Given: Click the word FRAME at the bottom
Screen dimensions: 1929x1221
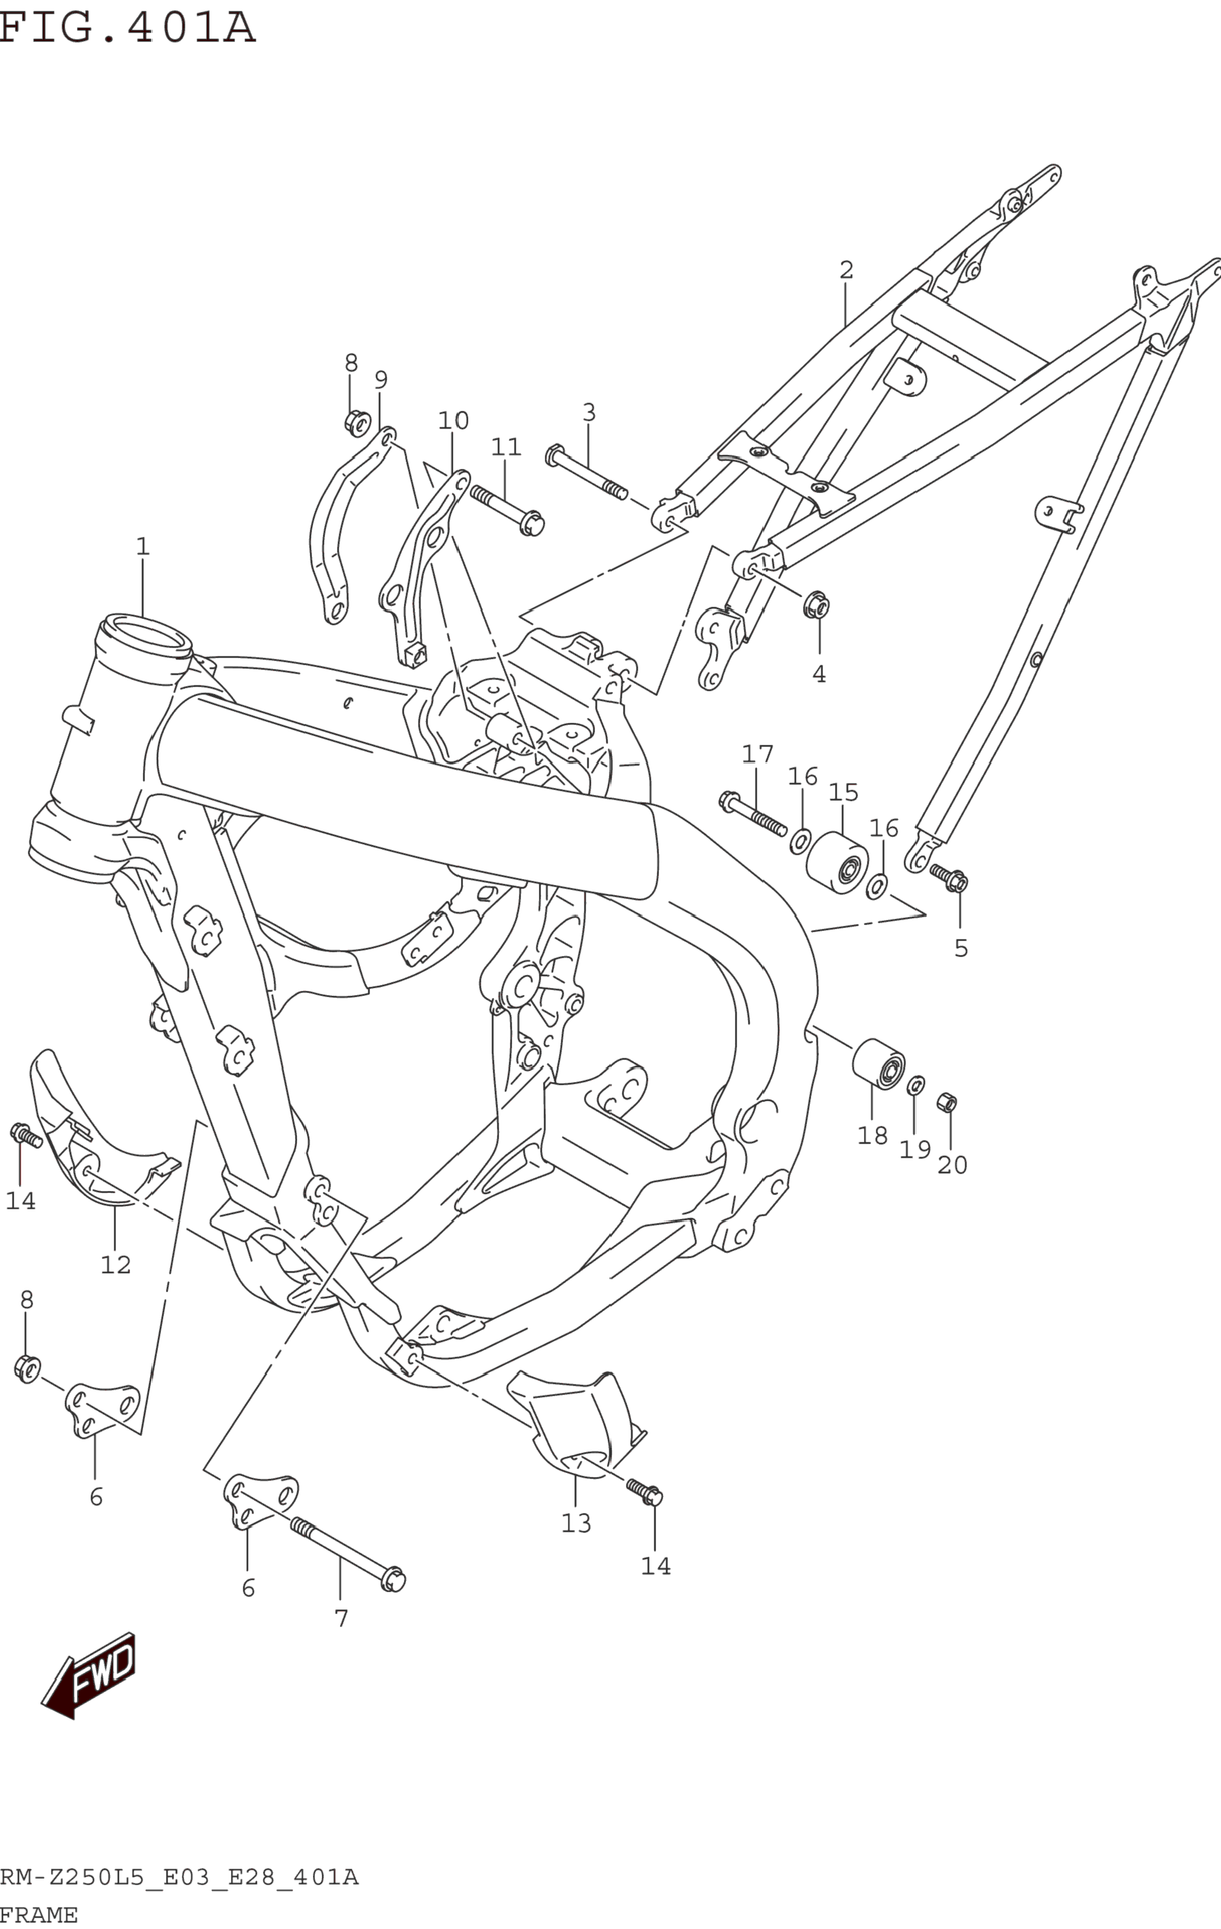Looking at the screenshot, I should pos(38,1915).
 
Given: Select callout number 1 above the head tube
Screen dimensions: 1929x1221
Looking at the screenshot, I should pos(143,546).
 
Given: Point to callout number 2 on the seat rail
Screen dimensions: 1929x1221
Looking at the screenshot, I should pos(846,270).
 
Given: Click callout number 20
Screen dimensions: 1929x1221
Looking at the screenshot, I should pos(952,1164).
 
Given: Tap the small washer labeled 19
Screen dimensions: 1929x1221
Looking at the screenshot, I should pos(915,1086).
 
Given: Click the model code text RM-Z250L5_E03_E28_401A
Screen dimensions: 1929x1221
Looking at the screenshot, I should pos(179,1877).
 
